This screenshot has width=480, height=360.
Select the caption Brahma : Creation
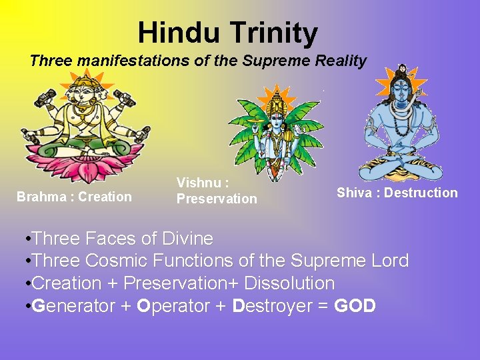point(74,197)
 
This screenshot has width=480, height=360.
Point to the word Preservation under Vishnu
point(216,199)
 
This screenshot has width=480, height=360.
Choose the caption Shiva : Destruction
point(397,193)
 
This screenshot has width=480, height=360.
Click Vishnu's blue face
point(277,120)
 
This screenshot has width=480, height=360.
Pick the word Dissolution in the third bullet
point(289,283)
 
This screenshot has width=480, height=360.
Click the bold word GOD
point(355,306)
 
